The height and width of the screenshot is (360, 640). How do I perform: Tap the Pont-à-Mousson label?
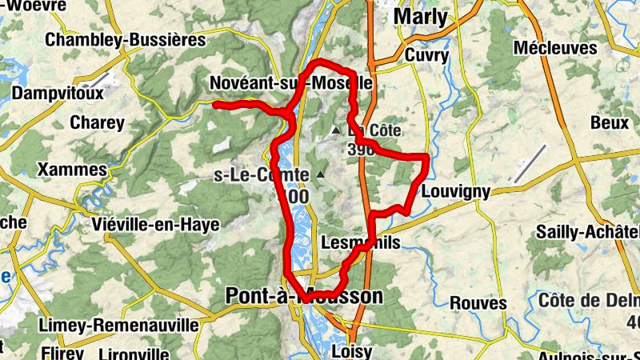tap(303, 296)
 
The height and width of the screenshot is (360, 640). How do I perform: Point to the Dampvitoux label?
tap(58, 94)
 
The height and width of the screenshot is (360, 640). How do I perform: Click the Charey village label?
tap(97, 123)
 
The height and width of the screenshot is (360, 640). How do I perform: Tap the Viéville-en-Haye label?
tap(155, 225)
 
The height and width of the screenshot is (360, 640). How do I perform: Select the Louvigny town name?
tap(454, 192)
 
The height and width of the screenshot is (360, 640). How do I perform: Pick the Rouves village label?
tap(478, 303)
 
